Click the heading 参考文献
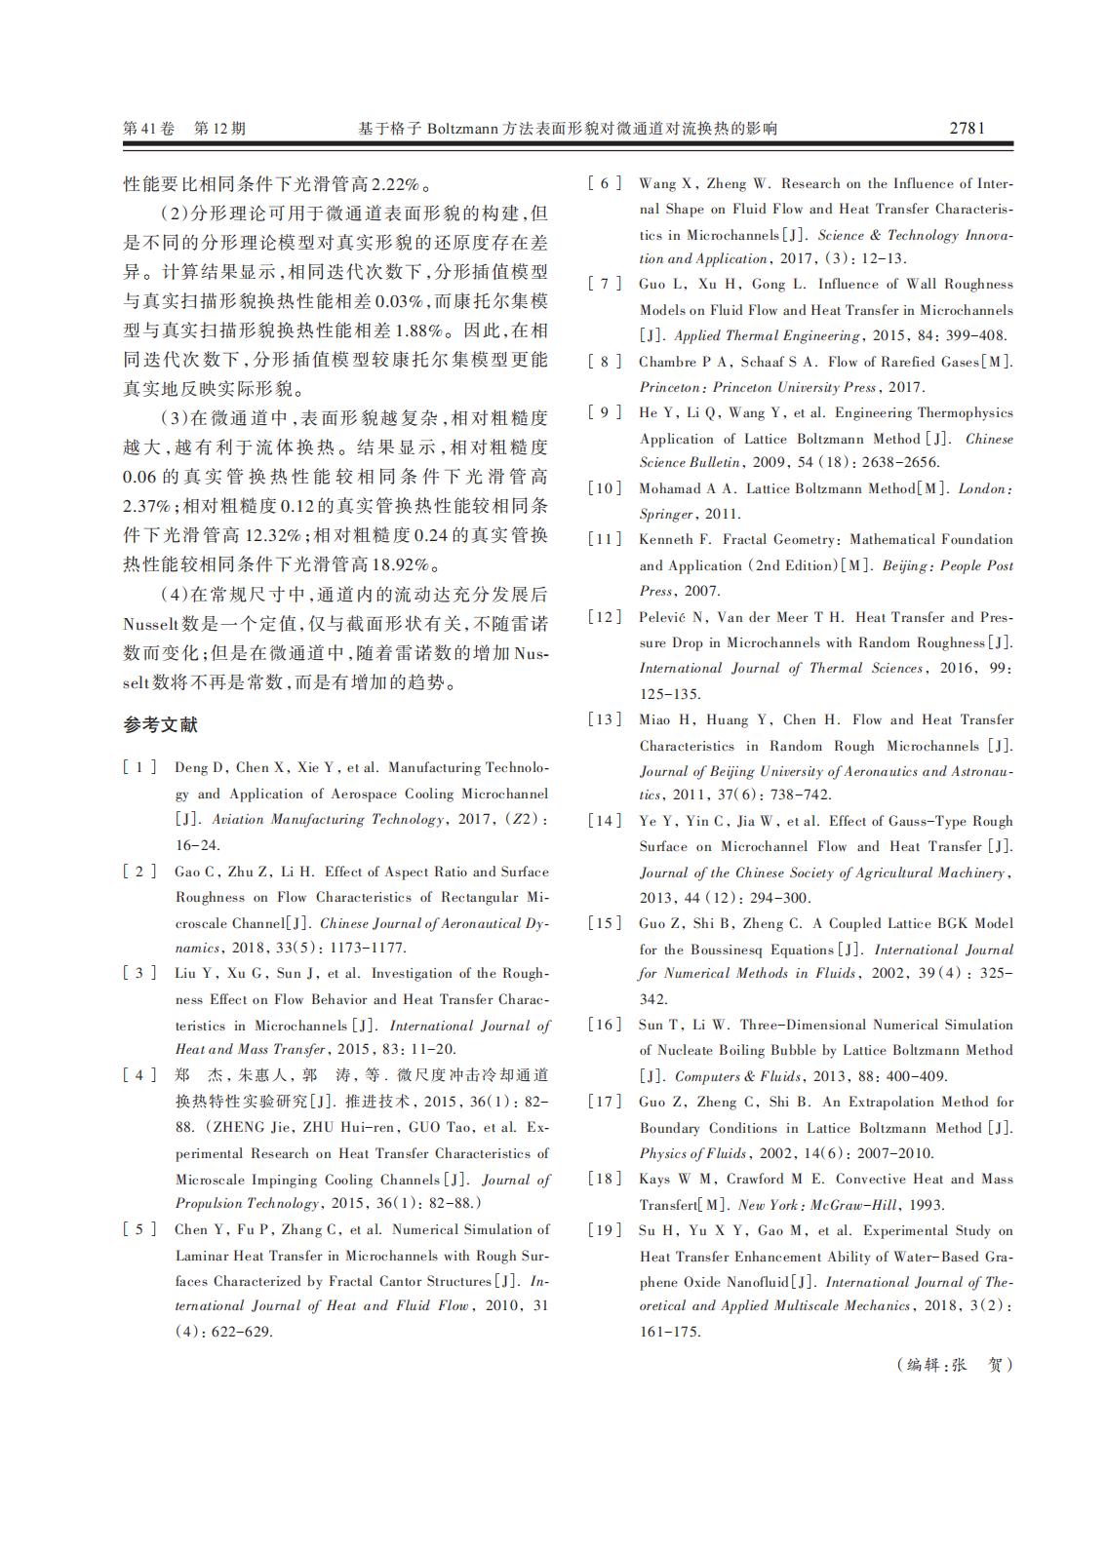point(161,725)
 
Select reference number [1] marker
point(139,768)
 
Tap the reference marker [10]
point(604,488)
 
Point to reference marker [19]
point(604,1231)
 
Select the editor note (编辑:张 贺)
point(955,1365)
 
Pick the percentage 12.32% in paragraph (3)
point(271,535)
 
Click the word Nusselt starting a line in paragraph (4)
point(151,624)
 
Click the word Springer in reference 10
point(666,514)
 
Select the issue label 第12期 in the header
point(220,129)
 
